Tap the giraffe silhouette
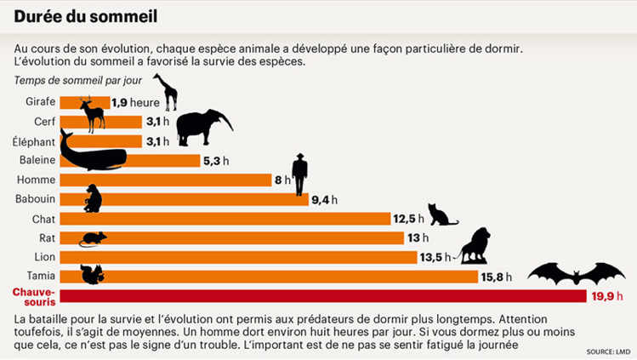tap(166, 92)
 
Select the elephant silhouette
tap(202, 128)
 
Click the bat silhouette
tap(576, 274)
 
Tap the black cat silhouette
tap(441, 215)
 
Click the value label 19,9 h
tap(607, 295)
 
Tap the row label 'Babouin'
tap(36, 199)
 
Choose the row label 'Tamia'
tap(42, 276)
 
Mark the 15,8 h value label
tap(498, 276)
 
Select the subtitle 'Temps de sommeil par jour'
tap(78, 81)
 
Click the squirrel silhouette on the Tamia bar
tap(92, 274)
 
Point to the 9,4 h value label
tap(324, 199)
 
